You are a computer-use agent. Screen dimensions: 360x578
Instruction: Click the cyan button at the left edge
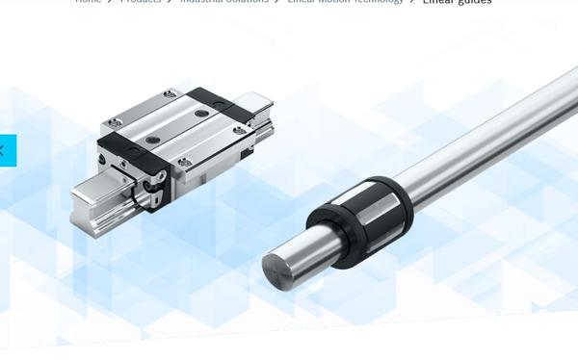[8, 150]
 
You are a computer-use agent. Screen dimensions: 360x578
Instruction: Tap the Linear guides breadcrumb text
[457, 2]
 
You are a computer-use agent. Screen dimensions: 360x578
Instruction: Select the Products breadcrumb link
[141, 2]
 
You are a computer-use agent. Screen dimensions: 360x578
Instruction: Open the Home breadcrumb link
[89, 2]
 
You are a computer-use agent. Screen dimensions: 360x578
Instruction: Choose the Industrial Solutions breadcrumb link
[223, 2]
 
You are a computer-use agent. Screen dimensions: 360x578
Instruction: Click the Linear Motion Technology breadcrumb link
[345, 2]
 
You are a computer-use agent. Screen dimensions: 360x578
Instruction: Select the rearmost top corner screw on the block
[171, 93]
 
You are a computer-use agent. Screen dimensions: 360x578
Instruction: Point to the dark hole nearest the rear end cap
[201, 113]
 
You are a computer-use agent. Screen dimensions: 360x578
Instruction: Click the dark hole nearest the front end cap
[152, 141]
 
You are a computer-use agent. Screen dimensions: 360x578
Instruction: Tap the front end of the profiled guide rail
[92, 207]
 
